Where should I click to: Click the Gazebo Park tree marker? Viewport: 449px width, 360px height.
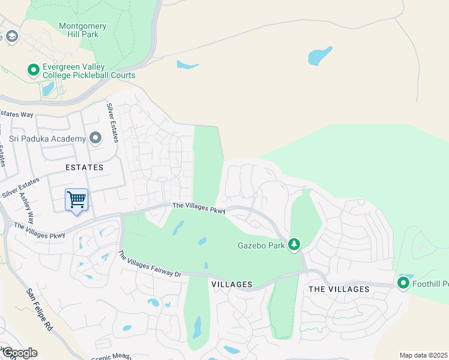[294, 245]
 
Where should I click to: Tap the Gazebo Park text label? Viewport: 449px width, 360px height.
[261, 245]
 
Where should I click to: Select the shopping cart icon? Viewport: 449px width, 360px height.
[76, 199]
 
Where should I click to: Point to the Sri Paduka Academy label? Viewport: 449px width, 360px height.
[47, 139]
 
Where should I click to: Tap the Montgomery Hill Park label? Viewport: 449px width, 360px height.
[83, 30]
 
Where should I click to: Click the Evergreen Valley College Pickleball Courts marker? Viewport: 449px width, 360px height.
[34, 71]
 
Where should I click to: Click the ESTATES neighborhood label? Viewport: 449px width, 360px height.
[85, 167]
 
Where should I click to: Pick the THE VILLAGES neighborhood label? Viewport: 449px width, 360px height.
[339, 289]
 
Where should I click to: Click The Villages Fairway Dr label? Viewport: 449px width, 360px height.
[149, 264]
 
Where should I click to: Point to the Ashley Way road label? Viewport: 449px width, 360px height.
[27, 208]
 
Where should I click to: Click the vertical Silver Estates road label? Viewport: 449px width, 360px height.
[112, 122]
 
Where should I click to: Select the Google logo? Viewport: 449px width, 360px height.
[19, 353]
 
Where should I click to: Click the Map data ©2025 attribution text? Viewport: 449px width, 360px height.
[423, 355]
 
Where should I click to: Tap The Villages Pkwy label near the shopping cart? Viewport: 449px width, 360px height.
[40, 231]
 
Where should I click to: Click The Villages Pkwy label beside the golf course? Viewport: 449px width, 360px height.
[199, 208]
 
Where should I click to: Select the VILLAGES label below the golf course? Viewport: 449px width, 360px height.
[231, 284]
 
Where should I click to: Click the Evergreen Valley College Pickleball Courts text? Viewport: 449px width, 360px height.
[89, 71]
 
